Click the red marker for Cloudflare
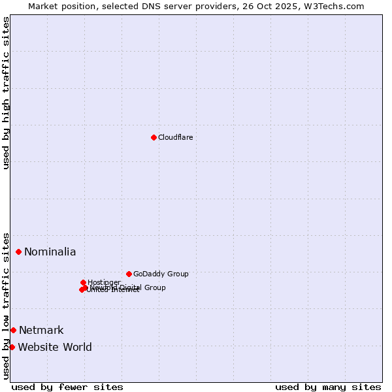click(154, 137)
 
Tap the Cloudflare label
click(175, 137)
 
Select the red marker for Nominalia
click(19, 252)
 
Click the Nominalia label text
click(50, 252)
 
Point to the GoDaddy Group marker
click(129, 274)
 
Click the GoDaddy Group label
click(161, 274)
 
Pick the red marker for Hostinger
click(83, 282)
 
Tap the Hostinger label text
click(104, 282)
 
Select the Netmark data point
click(13, 330)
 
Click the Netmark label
click(41, 331)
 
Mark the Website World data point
click(12, 347)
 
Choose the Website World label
click(55, 348)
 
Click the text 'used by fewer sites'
click(67, 387)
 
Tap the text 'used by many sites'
click(328, 387)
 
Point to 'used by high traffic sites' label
click(7, 93)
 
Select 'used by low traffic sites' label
click(7, 305)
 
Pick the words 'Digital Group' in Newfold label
click(142, 287)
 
